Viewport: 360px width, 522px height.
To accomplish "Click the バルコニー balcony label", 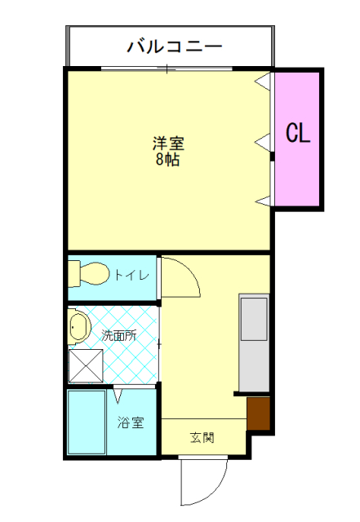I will point(174,46).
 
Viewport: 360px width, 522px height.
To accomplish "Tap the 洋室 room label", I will point(168,144).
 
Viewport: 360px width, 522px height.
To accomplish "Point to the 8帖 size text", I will point(168,160).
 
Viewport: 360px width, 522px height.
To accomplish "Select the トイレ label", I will point(131,276).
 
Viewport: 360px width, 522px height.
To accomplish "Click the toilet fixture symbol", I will point(88,273).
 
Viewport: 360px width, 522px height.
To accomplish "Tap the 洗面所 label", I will point(118,334).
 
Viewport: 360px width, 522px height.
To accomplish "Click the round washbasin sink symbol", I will point(78,328).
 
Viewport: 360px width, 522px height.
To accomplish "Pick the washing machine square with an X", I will point(86,365).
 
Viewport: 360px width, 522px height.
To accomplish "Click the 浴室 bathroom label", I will point(131,423).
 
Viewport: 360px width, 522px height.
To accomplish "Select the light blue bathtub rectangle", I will point(86,422).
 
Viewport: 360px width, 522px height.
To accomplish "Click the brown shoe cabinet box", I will point(259,414).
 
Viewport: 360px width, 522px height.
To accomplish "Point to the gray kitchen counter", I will point(253,343).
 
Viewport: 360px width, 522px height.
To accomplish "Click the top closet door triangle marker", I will point(264,82).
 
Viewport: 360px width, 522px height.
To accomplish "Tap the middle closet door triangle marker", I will point(264,142).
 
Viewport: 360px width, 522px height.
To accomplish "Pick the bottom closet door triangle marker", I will point(264,201).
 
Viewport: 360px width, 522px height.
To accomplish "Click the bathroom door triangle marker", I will point(119,397).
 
